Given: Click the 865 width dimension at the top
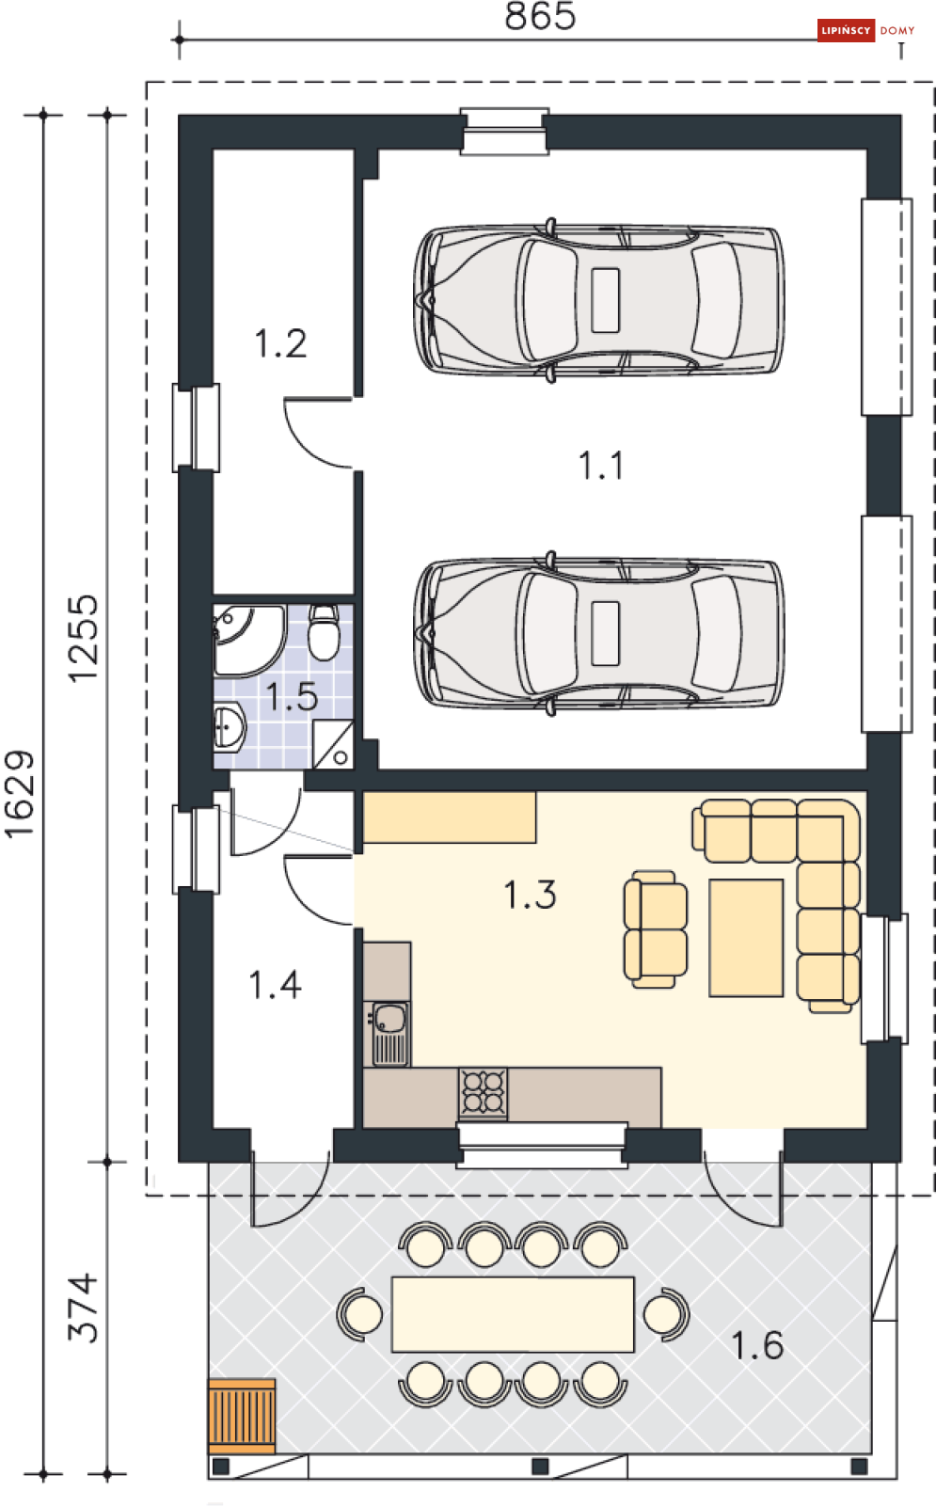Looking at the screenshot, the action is coord(540,16).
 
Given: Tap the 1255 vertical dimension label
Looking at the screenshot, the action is coord(83,639).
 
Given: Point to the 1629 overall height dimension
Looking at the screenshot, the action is coord(19,795).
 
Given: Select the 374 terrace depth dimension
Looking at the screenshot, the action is coord(83,1308).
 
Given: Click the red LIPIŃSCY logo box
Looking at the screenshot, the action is coord(846,30).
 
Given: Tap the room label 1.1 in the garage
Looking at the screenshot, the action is coord(601,466).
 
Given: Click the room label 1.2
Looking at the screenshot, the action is coord(280,343).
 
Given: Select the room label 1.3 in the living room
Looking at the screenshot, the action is coord(531,895).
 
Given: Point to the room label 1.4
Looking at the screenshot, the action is coord(276,985).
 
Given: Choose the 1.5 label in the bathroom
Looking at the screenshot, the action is coord(292,696).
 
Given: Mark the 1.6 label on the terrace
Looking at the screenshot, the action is coord(757,1345).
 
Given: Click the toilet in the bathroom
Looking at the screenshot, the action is coord(324,632).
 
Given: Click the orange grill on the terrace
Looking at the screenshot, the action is coord(242,1415).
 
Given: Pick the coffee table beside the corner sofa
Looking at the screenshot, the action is coord(746,937).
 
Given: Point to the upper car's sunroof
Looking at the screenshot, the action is coord(606,300).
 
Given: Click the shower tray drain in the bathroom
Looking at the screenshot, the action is coord(341,757).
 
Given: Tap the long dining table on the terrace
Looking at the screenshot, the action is coord(514,1314).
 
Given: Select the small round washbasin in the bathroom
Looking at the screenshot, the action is coord(229,727).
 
